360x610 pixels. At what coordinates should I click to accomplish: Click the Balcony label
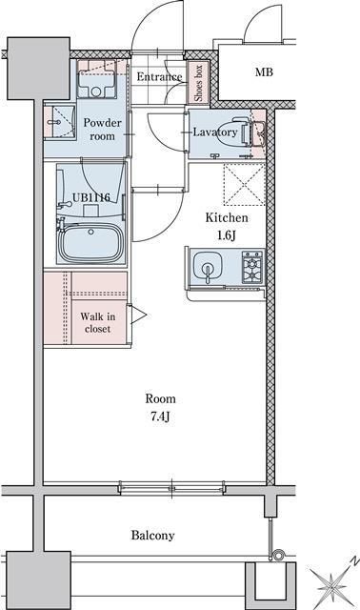[152, 536]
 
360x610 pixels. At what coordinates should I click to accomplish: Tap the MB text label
[264, 72]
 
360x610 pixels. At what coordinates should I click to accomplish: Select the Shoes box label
[198, 83]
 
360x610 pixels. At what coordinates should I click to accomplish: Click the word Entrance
[159, 76]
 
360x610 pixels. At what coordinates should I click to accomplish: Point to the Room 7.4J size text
[160, 417]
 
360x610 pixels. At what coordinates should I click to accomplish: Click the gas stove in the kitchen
[252, 267]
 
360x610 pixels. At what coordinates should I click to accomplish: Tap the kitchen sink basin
[208, 267]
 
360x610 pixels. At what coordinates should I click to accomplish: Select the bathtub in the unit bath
[91, 243]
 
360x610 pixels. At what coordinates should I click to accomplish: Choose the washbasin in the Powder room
[59, 121]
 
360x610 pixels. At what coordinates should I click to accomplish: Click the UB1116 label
[91, 197]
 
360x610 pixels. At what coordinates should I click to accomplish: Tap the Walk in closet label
[97, 322]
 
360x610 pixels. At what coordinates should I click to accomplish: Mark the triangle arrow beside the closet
[139, 315]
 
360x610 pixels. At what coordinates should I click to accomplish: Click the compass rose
[332, 582]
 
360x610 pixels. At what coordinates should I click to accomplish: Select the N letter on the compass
[353, 560]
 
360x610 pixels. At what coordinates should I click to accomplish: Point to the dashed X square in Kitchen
[244, 184]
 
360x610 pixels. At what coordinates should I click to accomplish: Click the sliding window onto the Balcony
[171, 488]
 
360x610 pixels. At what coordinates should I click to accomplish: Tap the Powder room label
[102, 130]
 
